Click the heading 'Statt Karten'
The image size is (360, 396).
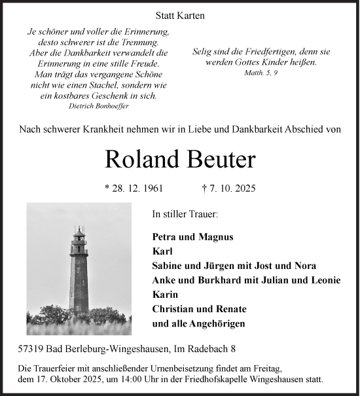180,15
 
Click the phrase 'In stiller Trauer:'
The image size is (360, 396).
185,214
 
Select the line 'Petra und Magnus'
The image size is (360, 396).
192,237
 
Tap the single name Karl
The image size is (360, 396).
162,251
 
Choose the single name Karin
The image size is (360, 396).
164,295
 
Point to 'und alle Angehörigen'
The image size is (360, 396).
199,323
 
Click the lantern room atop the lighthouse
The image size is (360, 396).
79,235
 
